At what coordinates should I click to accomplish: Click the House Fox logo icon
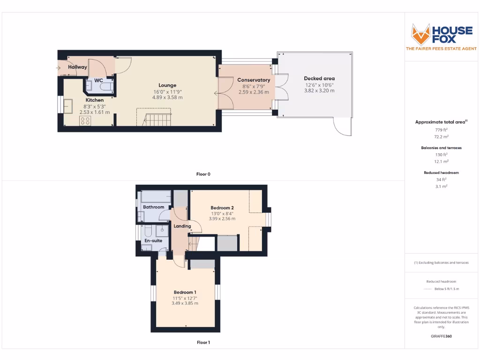[420, 34]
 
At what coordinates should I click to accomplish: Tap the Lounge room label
[167, 85]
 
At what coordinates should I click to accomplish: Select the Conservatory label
[254, 80]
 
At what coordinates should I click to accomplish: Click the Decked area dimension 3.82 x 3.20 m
[319, 90]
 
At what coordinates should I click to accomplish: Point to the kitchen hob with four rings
[85, 120]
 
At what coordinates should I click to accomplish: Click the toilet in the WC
[106, 87]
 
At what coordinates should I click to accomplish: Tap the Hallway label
[77, 67]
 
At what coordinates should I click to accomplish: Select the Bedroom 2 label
[222, 208]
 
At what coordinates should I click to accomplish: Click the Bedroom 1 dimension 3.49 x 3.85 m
[185, 303]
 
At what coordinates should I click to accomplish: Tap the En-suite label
[153, 240]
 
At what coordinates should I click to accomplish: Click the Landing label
[182, 226]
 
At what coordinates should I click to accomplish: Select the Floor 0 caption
[203, 174]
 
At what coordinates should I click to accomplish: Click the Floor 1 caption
[203, 342]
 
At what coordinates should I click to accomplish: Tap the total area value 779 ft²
[441, 130]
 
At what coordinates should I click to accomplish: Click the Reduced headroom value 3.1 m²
[441, 186]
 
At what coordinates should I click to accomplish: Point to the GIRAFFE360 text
[441, 336]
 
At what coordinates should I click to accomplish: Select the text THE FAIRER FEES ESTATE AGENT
[441, 49]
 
